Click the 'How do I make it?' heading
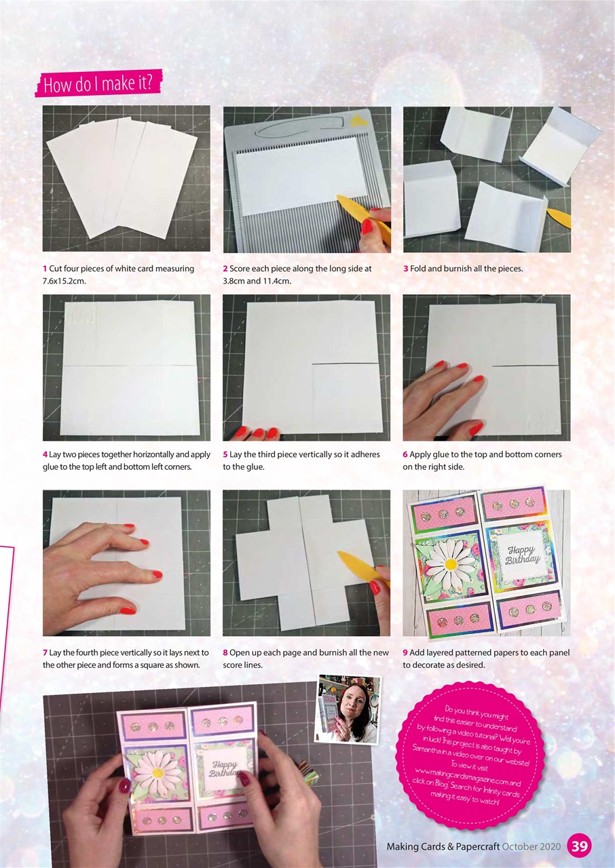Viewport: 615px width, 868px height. (x=98, y=85)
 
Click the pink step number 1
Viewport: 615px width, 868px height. (x=45, y=269)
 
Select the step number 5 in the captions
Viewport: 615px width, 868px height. (x=225, y=454)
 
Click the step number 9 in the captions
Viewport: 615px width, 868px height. (x=405, y=652)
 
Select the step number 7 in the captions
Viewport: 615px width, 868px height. (x=45, y=652)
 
